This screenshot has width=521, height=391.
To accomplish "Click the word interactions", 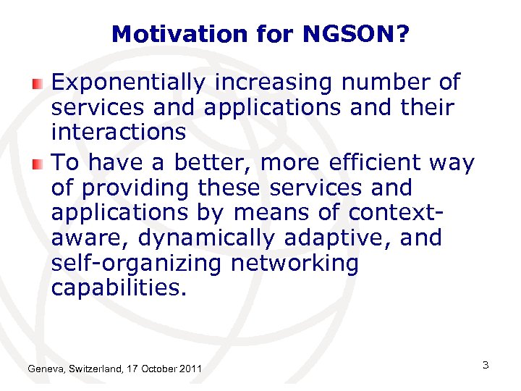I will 119,133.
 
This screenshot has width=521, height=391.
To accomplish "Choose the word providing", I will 134,188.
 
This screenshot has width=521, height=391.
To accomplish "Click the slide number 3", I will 486,365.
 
